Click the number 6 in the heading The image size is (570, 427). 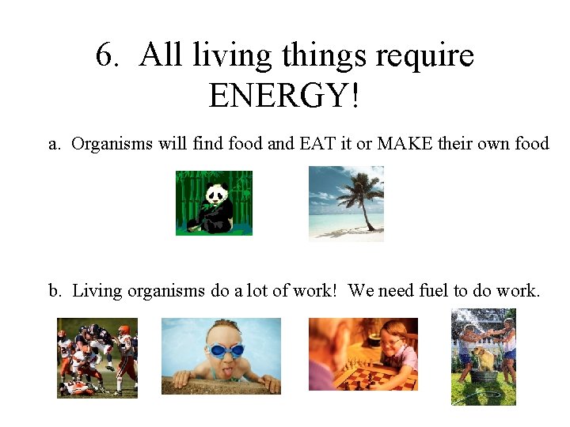[104, 56]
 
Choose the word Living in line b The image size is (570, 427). [98, 291]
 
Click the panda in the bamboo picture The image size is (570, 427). [215, 206]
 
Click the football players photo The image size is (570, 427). [97, 357]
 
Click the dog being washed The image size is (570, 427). [484, 359]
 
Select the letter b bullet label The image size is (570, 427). [54, 291]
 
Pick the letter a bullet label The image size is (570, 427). [54, 144]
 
